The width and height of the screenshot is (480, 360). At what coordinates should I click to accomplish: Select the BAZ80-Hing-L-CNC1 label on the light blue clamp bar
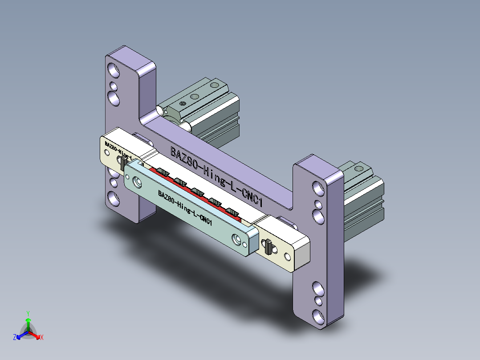[184, 207]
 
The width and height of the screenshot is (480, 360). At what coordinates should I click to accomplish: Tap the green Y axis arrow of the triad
[28, 319]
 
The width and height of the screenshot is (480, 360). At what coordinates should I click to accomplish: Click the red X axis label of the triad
[42, 338]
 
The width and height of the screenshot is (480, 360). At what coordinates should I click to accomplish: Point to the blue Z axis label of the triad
[15, 338]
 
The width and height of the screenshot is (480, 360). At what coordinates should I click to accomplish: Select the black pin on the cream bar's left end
[123, 163]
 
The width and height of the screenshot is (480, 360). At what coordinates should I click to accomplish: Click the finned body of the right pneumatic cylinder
[363, 209]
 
